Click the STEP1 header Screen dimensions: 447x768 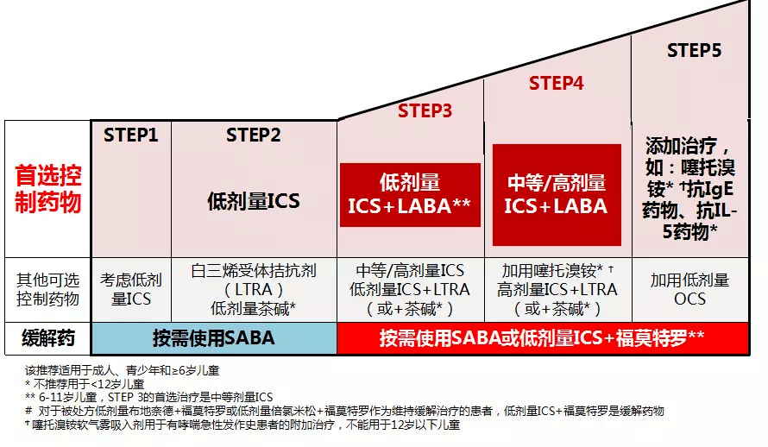point(131,135)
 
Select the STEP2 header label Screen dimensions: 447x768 point(254,135)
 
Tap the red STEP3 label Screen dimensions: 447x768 point(425,110)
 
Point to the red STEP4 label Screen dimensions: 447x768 point(556,84)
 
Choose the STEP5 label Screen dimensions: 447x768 point(694,51)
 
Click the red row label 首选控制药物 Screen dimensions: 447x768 point(48,190)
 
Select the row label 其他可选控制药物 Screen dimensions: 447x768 point(48,289)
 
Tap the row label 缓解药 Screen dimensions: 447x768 point(48,337)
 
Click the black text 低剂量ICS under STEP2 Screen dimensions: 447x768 point(254,201)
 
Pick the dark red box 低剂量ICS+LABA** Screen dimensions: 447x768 point(410,194)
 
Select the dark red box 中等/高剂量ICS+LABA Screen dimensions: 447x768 point(556,194)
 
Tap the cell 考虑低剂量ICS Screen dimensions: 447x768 point(131,289)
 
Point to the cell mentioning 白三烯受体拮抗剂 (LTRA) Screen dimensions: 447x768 point(254,289)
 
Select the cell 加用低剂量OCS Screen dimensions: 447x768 point(689,289)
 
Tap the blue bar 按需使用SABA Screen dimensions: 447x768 point(214,338)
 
